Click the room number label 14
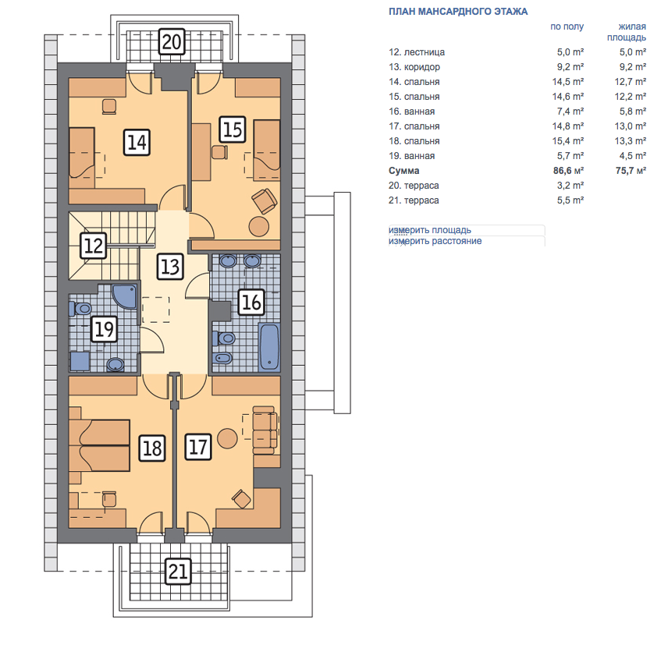(137, 142)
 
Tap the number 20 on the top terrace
(172, 41)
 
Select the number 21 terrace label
(178, 571)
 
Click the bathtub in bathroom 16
(269, 347)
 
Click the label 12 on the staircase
(94, 246)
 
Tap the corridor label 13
(170, 267)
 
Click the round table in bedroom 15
(259, 226)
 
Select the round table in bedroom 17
(227, 438)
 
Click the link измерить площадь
(430, 230)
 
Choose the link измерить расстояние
(435, 241)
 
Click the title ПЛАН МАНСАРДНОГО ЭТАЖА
(458, 12)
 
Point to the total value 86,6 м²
(568, 171)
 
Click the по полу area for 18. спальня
(568, 141)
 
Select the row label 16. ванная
(411, 112)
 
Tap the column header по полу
(567, 27)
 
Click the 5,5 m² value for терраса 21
(570, 200)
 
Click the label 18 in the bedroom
(152, 448)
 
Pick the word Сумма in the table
(404, 171)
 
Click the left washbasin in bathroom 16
(229, 260)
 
